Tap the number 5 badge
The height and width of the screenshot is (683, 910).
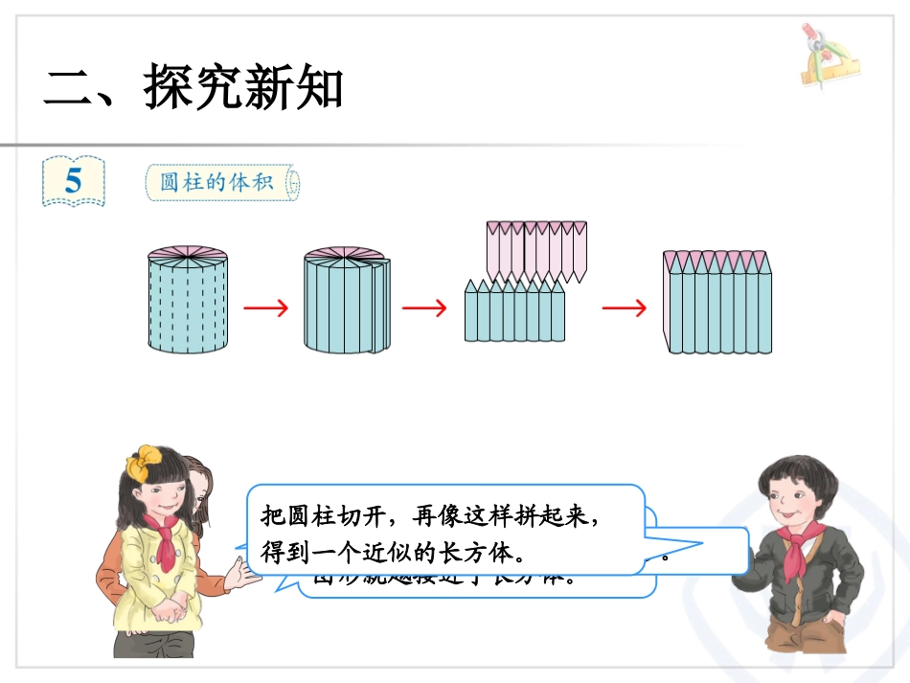point(74,181)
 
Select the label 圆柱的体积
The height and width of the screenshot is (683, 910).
point(219,181)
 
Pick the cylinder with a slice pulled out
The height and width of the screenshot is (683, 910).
point(347,302)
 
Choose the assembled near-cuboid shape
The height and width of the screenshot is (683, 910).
point(718,305)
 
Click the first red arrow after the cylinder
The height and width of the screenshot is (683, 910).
point(265,308)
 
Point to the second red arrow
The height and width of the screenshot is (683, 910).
point(424,308)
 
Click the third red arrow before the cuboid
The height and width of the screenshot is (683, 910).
point(624,308)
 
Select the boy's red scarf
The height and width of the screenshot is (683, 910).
point(793,550)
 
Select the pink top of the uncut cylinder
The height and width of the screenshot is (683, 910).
point(188,255)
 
